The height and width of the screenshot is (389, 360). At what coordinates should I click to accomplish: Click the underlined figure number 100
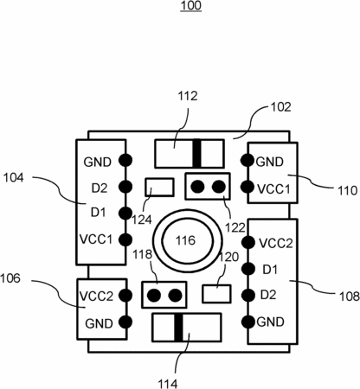[190, 6]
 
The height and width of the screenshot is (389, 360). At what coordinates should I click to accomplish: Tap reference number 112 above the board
[188, 96]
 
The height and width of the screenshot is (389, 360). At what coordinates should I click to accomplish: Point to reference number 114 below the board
[168, 384]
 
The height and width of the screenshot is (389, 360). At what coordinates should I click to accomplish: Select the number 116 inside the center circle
[186, 240]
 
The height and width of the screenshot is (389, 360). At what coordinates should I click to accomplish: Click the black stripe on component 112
[196, 153]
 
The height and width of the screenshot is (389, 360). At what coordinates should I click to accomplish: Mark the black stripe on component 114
[178, 328]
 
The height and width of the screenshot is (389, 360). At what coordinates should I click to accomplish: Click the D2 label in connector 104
[100, 188]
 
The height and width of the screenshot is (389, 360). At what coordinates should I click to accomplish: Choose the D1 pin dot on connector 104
[125, 213]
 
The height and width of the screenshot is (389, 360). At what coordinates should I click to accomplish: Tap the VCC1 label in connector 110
[273, 189]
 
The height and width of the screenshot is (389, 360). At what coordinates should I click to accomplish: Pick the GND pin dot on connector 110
[247, 160]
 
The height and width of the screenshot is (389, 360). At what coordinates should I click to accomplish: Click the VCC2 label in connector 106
[96, 297]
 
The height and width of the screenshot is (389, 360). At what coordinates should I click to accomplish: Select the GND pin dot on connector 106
[125, 322]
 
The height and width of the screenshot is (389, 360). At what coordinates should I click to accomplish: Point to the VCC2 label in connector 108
[276, 244]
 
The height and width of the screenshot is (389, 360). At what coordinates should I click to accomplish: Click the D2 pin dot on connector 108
[248, 295]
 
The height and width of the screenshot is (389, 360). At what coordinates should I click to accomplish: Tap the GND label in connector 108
[270, 322]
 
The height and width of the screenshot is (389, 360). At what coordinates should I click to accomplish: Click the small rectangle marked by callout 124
[159, 188]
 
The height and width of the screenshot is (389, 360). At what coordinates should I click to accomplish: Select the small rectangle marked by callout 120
[216, 294]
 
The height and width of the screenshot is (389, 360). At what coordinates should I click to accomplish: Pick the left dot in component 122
[197, 187]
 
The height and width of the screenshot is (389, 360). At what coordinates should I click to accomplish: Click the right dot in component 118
[175, 296]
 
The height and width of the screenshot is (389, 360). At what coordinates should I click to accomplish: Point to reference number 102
[281, 107]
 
